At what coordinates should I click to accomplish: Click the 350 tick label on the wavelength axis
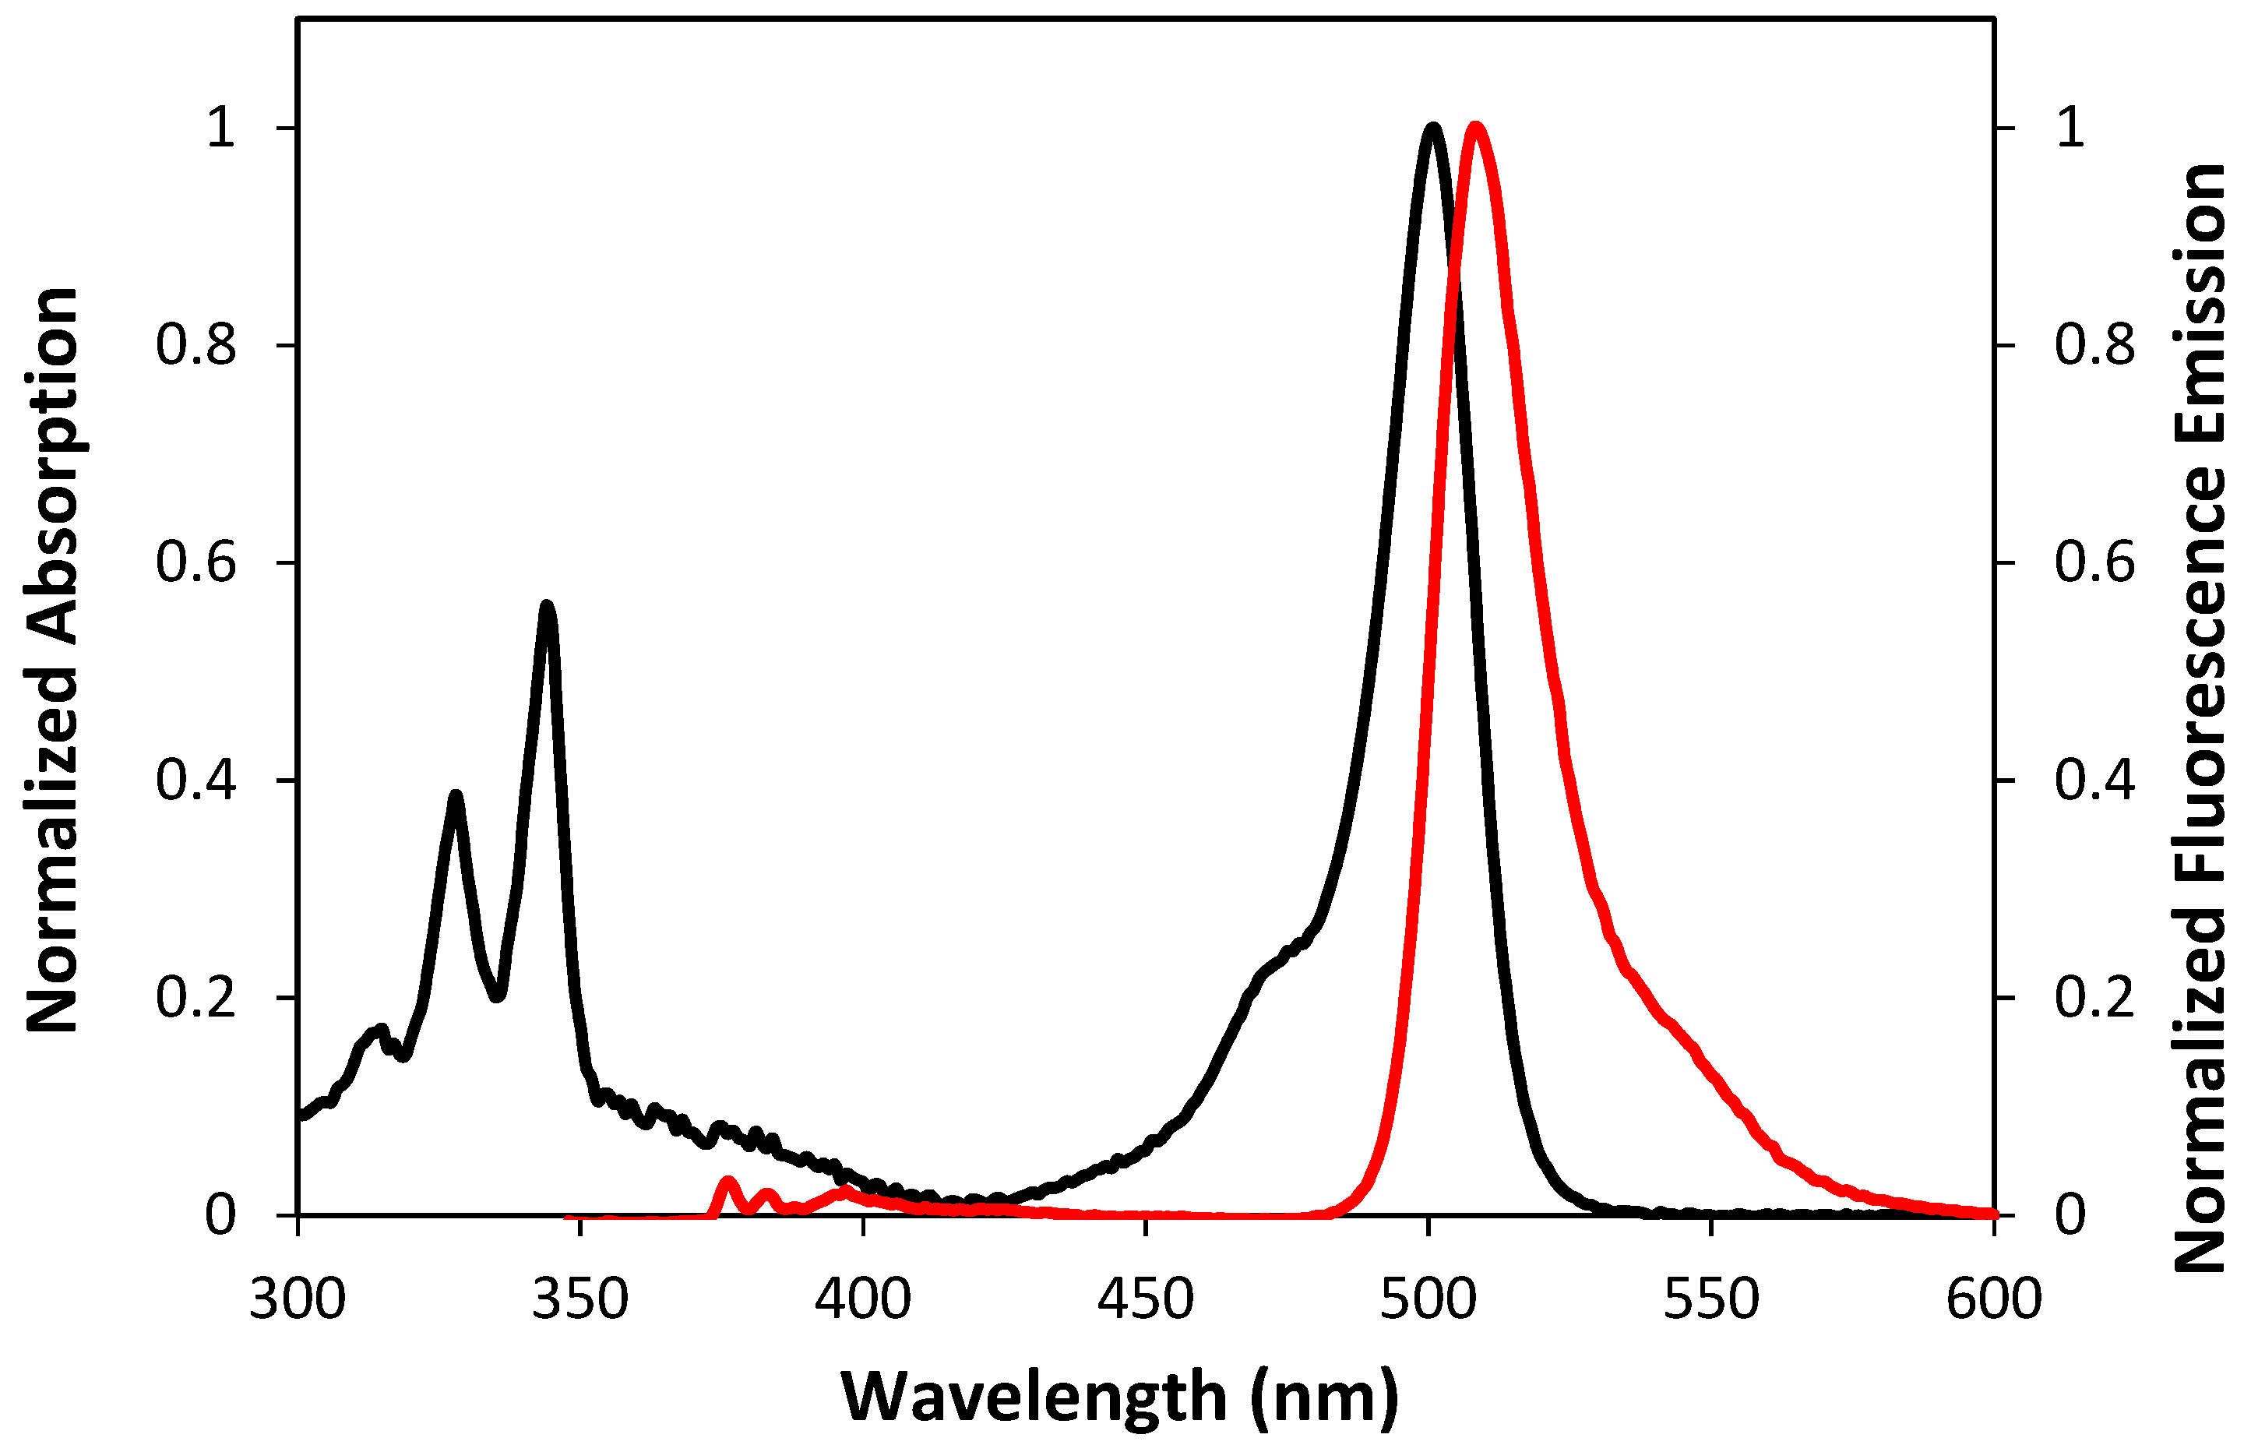click(579, 1299)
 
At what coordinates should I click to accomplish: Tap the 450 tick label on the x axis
click(1146, 1299)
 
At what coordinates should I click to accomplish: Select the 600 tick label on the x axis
click(1993, 1299)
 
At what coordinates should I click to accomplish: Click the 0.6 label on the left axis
click(196, 563)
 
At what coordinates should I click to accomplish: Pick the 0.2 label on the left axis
click(196, 998)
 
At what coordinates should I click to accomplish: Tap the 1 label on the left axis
click(220, 127)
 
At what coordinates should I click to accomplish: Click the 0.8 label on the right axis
click(2094, 345)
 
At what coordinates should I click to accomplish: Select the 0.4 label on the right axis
click(2094, 781)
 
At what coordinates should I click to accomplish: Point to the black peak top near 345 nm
click(547, 605)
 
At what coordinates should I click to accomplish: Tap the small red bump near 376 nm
click(727, 1182)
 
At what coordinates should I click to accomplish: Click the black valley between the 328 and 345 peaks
click(498, 995)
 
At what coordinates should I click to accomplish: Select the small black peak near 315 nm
click(381, 1030)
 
